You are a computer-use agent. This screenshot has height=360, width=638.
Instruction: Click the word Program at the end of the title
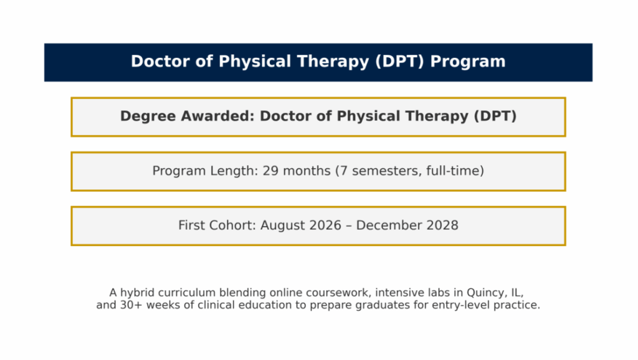[x=467, y=62]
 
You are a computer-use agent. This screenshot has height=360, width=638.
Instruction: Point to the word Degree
[x=148, y=116]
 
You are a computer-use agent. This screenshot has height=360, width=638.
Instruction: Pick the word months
[x=307, y=171]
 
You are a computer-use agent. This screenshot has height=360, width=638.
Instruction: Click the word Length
[x=234, y=171]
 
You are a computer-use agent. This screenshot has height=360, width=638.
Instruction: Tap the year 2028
[x=442, y=225]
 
